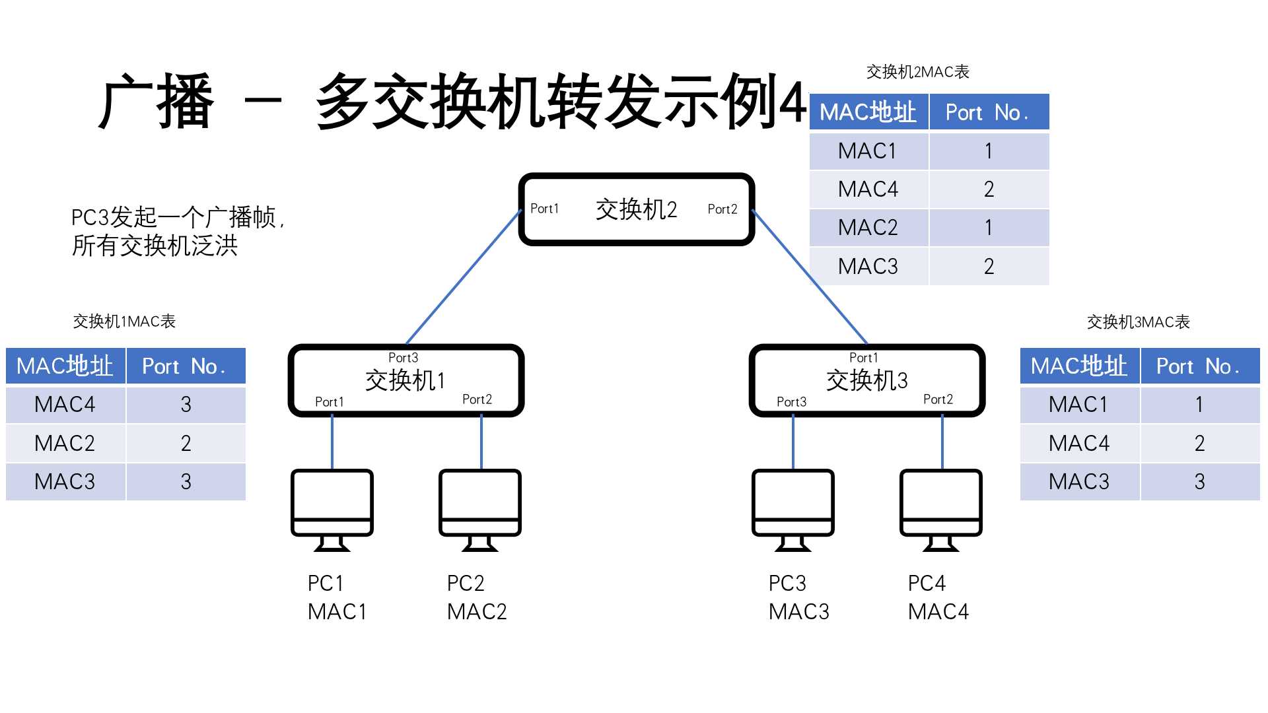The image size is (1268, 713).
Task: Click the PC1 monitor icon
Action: [332, 509]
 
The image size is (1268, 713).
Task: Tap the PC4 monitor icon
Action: [941, 509]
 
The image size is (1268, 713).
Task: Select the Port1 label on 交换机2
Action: [544, 209]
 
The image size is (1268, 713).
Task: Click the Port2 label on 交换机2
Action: [722, 209]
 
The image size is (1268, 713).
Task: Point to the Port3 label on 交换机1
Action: [403, 358]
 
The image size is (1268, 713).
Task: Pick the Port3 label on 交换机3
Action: [791, 401]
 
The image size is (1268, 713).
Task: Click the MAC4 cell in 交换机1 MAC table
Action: [65, 404]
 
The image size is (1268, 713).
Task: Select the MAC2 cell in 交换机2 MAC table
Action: [868, 228]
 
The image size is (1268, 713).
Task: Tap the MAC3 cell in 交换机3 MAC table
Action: [1078, 481]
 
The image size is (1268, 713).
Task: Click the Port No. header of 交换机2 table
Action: [988, 113]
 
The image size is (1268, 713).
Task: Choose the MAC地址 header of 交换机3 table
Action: [1078, 366]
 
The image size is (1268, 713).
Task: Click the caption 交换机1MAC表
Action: [124, 322]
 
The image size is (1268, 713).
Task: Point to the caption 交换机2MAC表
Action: [917, 72]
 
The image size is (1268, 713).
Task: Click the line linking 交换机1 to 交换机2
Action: [464, 277]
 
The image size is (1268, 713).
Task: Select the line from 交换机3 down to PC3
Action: [792, 442]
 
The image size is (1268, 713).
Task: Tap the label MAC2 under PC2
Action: [477, 612]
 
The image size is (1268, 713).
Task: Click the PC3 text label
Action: [787, 583]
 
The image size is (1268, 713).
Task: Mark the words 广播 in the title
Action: [157, 102]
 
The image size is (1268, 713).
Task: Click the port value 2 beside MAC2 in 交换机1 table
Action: [186, 443]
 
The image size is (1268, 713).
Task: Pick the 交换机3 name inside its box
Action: [866, 380]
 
